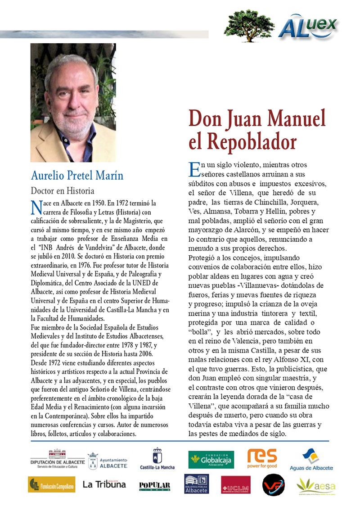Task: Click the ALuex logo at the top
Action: pyautogui.click(x=309, y=26)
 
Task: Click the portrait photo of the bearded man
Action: pyautogui.click(x=73, y=103)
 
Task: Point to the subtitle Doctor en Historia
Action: pyautogui.click(x=62, y=190)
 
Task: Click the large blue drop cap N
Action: pyautogui.click(x=36, y=208)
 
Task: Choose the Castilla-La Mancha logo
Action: pyautogui.click(x=157, y=460)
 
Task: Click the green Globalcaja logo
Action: pyautogui.click(x=211, y=460)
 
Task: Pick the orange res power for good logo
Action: pyautogui.click(x=262, y=458)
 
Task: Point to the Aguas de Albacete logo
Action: pyautogui.click(x=311, y=460)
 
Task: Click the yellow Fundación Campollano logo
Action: pyautogui.click(x=52, y=485)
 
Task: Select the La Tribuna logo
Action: pyautogui.click(x=104, y=484)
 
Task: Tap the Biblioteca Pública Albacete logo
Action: pyautogui.click(x=196, y=484)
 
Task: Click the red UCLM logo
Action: pyautogui.click(x=235, y=485)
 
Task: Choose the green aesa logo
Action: pyautogui.click(x=315, y=485)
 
